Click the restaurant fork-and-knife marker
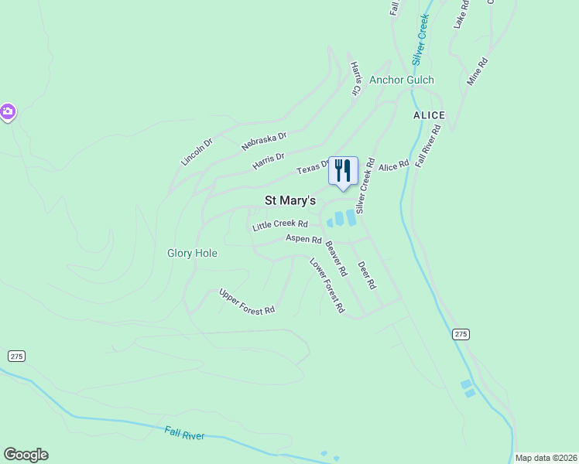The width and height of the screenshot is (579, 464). coord(343,171)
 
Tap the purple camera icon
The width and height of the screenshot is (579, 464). coord(7,112)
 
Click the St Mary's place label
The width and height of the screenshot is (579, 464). coord(290,200)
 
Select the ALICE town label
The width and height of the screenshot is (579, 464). coord(428,115)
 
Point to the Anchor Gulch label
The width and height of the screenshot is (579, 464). coord(401,80)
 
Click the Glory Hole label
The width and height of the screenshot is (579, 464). coord(192,253)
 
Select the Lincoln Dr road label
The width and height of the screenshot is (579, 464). coord(197,152)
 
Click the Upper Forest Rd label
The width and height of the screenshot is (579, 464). coord(247,301)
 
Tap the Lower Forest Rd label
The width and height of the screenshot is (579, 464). coord(327,285)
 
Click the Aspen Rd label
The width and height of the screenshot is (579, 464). coord(303,240)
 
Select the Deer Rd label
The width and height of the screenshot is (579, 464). coord(366,275)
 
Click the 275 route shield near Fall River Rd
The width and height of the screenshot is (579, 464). coord(461,334)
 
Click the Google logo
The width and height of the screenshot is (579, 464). coord(26,455)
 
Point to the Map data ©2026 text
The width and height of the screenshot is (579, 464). coord(546,458)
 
